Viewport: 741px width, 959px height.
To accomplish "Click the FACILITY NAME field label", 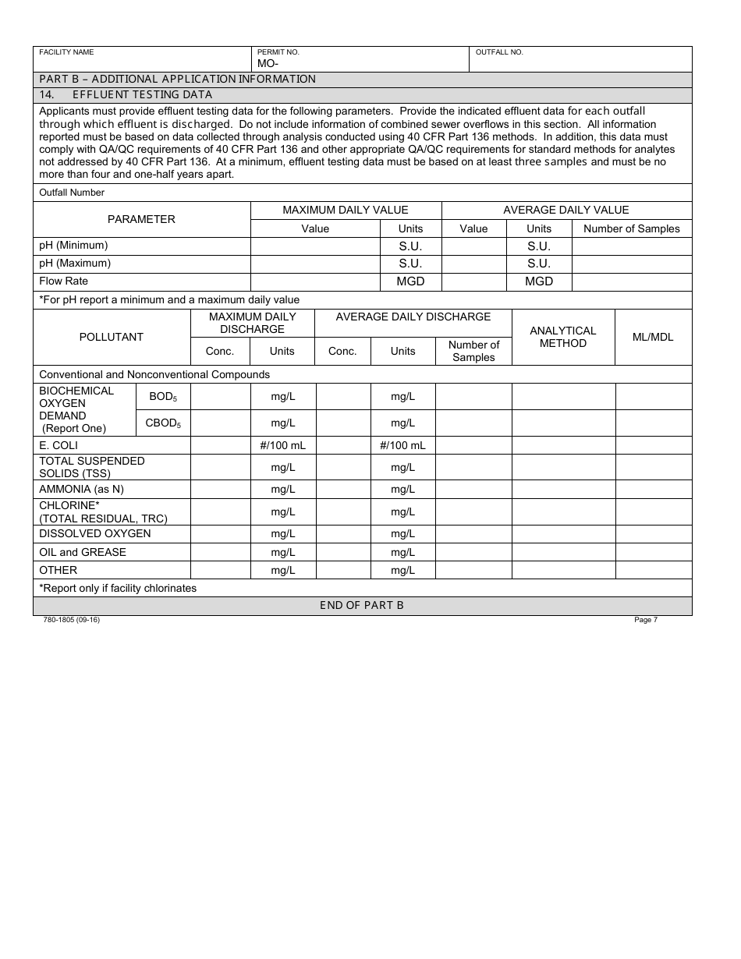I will coord(66,52).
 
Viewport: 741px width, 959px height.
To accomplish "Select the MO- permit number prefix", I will coord(268,64).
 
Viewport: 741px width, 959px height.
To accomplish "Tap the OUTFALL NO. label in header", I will coord(499,52).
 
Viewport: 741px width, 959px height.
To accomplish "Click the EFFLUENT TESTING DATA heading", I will coord(142,95).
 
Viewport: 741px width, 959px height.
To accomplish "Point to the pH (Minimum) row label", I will coord(73,246).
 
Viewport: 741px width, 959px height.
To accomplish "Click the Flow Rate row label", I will coord(63,281).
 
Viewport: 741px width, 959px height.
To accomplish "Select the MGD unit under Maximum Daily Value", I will coord(410,281).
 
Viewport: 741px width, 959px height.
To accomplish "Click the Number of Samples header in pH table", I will coord(631,228).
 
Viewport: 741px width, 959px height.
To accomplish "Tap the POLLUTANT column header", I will coord(112,337).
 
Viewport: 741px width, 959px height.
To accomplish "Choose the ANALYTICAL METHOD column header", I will coord(562,337).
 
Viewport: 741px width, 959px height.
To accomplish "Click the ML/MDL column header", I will coord(653,337).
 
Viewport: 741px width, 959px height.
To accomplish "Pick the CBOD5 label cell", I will coord(163,423).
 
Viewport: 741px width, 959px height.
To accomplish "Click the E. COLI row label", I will coord(58,445).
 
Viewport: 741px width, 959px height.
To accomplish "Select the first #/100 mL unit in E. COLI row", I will coord(282,445).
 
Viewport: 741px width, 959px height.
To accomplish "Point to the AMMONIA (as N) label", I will coord(81,489).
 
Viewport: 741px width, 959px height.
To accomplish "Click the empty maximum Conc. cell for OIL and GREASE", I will coord(220,552).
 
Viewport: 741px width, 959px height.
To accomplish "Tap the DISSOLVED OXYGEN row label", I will coord(94,533).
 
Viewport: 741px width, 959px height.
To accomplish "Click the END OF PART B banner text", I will coord(362,606).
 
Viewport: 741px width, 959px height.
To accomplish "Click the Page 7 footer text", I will coord(646,620).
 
